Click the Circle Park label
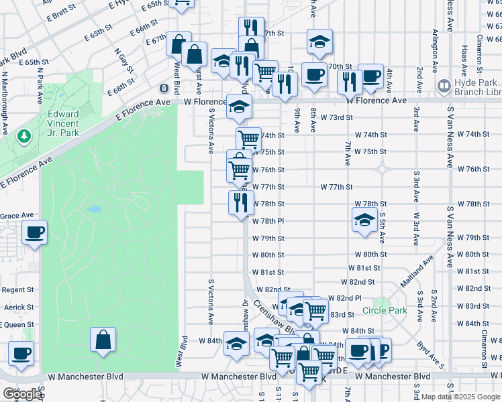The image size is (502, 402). (x=385, y=310)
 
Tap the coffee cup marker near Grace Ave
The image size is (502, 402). (x=34, y=233)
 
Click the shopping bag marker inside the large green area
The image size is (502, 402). (x=103, y=340)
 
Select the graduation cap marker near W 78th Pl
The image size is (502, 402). (x=363, y=220)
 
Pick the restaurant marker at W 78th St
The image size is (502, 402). (x=241, y=203)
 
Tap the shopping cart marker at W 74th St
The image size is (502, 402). (x=248, y=140)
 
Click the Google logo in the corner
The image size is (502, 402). (x=22, y=394)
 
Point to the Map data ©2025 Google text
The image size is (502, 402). (x=461, y=397)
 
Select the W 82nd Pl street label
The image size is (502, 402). (x=345, y=297)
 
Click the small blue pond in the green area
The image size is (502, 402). (x=93, y=210)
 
